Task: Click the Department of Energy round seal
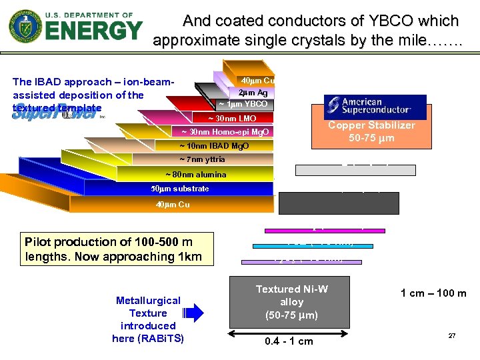pyautogui.click(x=25, y=27)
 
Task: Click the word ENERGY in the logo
pyautogui.click(x=93, y=31)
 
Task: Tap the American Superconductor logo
pyautogui.click(x=375, y=107)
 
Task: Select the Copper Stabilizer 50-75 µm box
pyautogui.click(x=371, y=132)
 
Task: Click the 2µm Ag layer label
pyautogui.click(x=253, y=93)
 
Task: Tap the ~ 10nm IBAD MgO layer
pyautogui.click(x=213, y=146)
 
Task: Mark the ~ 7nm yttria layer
pyautogui.click(x=202, y=160)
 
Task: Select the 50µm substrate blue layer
pyautogui.click(x=180, y=189)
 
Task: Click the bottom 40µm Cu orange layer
pyautogui.click(x=173, y=205)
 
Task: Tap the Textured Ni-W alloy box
pyautogui.click(x=292, y=302)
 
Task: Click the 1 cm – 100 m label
pyautogui.click(x=433, y=293)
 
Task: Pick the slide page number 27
pyautogui.click(x=452, y=335)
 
